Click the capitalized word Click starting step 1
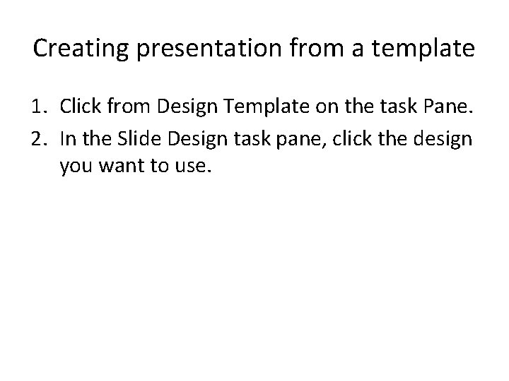pyautogui.click(x=79, y=107)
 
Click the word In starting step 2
pyautogui.click(x=68, y=138)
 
